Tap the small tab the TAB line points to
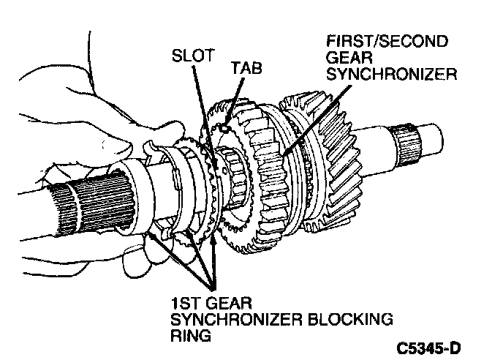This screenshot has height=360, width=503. click(226, 127)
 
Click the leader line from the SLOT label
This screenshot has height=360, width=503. click(197, 102)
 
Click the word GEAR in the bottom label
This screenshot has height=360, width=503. click(227, 301)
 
